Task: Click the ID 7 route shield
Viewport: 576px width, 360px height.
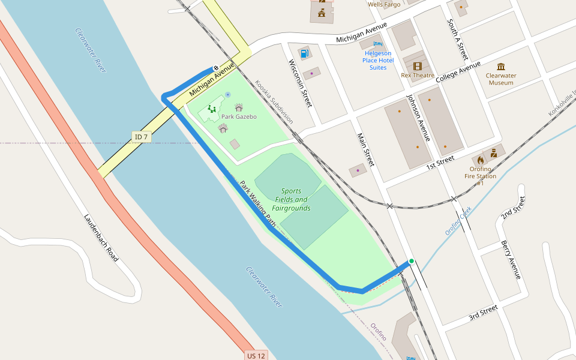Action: tap(142, 137)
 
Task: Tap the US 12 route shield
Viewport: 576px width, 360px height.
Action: tap(256, 355)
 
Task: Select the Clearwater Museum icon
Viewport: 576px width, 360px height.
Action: tap(501, 66)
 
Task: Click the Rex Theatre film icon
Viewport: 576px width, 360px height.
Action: tap(417, 66)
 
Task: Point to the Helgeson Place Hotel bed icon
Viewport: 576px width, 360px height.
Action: tap(377, 43)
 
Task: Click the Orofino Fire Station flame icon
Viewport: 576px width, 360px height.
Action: tap(481, 160)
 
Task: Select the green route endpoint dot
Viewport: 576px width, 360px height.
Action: tap(412, 261)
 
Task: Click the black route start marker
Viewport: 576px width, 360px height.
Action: tap(216, 68)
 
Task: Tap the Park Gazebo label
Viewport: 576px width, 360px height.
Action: tap(239, 116)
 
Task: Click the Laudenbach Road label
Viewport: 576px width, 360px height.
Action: tap(101, 238)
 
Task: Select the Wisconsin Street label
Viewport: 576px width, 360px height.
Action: tap(300, 83)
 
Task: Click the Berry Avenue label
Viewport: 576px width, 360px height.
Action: tap(511, 260)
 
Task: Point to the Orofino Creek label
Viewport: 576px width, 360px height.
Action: tap(458, 220)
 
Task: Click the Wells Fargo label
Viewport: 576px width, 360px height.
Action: tap(383, 4)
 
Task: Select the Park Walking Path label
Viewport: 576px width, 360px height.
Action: tap(258, 204)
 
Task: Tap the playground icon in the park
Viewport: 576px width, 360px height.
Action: tap(211, 109)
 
